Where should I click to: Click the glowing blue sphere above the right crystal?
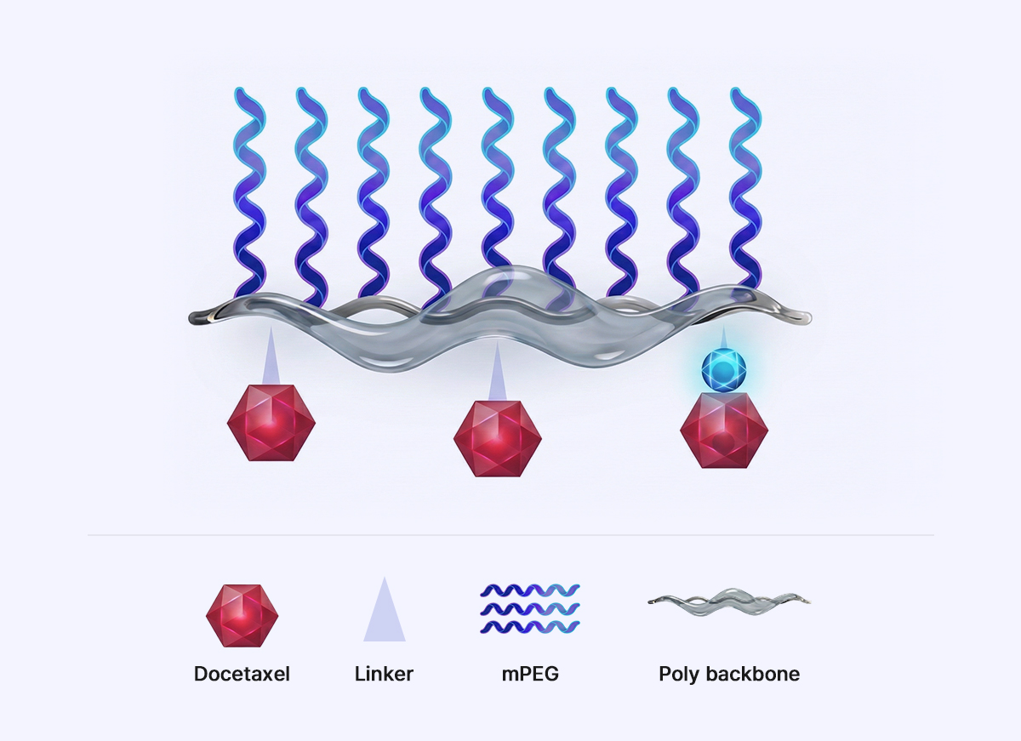[723, 369]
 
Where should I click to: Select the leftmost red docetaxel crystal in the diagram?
[271, 423]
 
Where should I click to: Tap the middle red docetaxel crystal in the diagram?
[497, 438]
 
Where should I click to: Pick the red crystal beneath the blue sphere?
[724, 430]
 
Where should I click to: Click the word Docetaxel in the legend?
[242, 674]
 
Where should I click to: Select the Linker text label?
[384, 674]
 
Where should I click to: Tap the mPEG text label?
[530, 674]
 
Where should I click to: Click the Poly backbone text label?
[729, 674]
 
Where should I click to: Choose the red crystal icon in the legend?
[242, 616]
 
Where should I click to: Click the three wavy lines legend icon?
[529, 608]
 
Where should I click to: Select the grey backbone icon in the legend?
[729, 602]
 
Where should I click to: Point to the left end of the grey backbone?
[191, 317]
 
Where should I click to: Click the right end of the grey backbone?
[809, 316]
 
